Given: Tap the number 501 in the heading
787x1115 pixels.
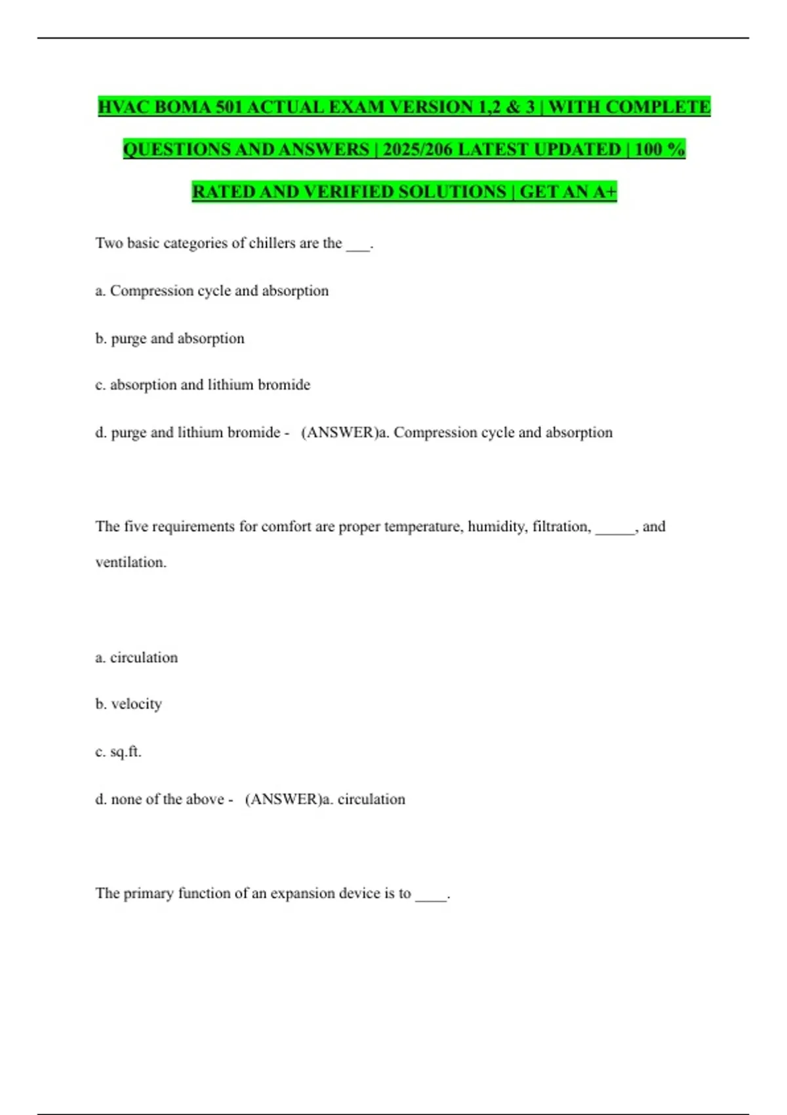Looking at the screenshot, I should click(229, 107).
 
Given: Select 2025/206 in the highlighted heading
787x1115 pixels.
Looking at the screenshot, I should click(417, 150).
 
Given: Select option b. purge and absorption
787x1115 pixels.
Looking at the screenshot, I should click(170, 338).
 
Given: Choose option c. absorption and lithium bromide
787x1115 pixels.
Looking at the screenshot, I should click(203, 385).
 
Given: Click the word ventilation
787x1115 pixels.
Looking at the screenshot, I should click(131, 562).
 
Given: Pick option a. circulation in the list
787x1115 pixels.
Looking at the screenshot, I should click(136, 658).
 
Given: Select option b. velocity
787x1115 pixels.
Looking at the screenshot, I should click(129, 704).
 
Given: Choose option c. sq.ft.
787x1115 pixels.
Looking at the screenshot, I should click(118, 752).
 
